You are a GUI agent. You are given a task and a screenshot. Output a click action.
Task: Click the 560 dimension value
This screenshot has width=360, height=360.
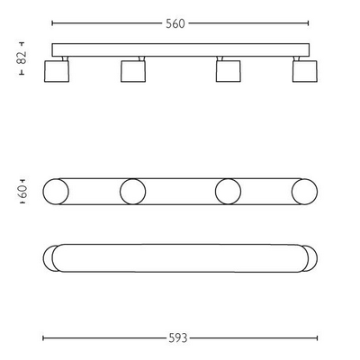[175, 23]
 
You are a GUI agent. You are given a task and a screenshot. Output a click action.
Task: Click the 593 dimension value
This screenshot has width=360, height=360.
[178, 338]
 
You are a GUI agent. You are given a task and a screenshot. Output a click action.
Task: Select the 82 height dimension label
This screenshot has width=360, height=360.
[22, 58]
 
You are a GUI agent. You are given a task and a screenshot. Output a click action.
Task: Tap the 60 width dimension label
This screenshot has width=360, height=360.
[22, 192]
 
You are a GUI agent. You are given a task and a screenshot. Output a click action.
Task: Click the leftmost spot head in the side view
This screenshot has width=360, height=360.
[57, 71]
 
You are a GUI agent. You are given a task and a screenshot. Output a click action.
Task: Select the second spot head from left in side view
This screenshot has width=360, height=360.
[133, 71]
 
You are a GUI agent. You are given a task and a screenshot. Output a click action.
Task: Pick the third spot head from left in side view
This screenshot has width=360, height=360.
[229, 71]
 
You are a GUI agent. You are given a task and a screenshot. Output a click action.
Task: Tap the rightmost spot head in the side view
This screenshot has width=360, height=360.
[305, 71]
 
